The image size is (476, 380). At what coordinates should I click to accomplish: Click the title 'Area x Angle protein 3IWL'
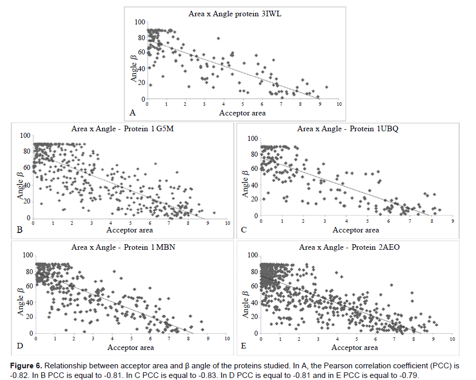(x=235, y=14)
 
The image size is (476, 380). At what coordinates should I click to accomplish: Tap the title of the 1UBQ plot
(x=347, y=129)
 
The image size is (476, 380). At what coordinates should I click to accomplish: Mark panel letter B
(x=20, y=230)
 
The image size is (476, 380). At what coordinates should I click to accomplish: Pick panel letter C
(x=244, y=230)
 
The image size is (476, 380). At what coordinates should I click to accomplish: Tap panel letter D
(x=20, y=347)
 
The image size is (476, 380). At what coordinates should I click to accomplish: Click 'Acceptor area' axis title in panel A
(x=242, y=113)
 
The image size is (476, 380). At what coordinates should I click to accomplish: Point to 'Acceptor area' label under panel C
(x=356, y=230)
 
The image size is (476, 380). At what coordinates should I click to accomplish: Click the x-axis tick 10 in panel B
(x=227, y=223)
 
